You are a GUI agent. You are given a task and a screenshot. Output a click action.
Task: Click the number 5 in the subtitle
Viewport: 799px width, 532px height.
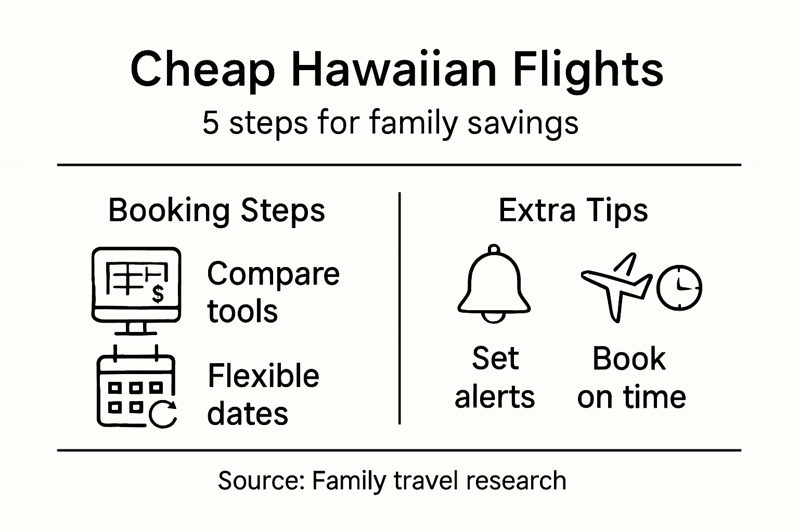(x=210, y=124)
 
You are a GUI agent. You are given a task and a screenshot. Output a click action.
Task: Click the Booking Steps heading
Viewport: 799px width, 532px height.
(x=216, y=210)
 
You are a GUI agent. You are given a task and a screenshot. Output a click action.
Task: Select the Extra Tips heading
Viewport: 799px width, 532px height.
(x=573, y=210)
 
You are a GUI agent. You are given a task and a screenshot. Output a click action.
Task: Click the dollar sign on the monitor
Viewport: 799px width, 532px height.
(x=158, y=294)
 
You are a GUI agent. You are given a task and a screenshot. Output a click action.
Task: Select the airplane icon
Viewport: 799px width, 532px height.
(x=616, y=285)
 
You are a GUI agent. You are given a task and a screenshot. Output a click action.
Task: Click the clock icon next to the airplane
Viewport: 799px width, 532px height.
(x=679, y=287)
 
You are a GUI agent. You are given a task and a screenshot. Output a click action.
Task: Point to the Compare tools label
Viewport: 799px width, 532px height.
(x=273, y=292)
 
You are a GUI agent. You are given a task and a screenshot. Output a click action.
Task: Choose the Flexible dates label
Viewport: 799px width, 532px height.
(x=263, y=394)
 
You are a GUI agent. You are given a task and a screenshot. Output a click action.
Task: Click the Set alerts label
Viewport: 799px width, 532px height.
(x=495, y=377)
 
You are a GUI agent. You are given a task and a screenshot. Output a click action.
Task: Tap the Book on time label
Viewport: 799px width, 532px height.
(x=631, y=378)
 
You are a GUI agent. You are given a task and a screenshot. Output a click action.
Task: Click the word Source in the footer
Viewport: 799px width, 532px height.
(x=260, y=481)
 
